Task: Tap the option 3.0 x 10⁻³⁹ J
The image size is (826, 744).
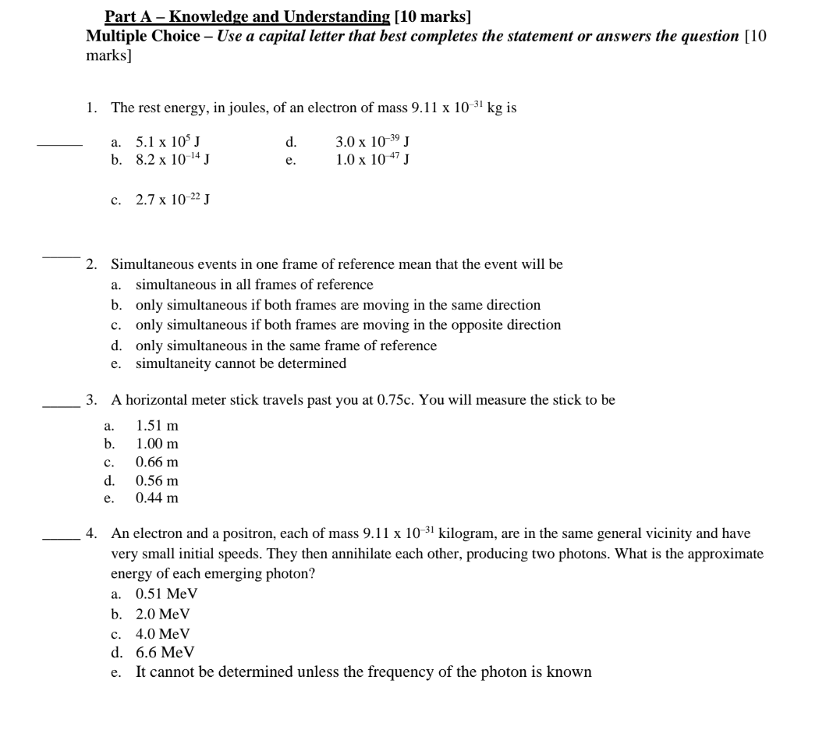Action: click(x=373, y=142)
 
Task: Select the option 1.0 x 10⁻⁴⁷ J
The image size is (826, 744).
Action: click(x=373, y=160)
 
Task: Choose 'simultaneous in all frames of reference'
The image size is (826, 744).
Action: click(x=254, y=285)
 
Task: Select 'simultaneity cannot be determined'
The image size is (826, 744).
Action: click(x=241, y=363)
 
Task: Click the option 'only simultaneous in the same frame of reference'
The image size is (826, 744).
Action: click(x=286, y=345)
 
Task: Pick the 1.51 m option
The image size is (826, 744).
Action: click(x=157, y=426)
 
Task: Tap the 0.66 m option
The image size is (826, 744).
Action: click(x=157, y=462)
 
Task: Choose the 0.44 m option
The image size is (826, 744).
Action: click(x=157, y=497)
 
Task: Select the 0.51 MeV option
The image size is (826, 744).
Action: click(x=166, y=593)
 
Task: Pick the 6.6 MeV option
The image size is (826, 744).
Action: click(x=165, y=652)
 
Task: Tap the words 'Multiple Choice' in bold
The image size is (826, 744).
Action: click(x=143, y=37)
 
